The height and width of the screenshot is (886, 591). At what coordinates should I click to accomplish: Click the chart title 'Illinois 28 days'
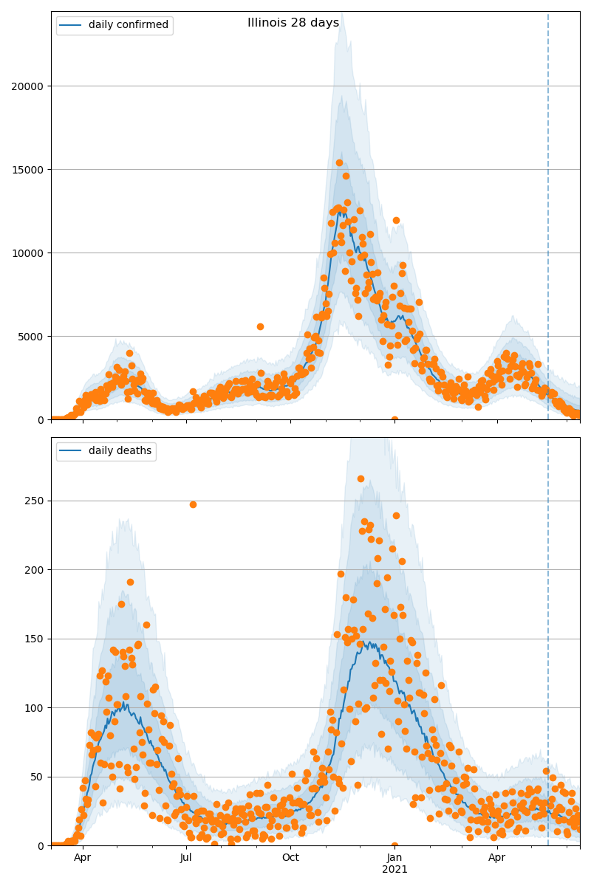coord(293,23)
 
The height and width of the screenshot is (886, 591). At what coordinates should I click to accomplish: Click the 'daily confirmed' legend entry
coord(128,25)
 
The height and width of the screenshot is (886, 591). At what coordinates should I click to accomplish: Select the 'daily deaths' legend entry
coord(120,451)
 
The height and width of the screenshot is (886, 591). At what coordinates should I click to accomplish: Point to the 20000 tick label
coord(27,86)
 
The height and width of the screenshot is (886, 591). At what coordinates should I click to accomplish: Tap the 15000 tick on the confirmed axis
coord(27,170)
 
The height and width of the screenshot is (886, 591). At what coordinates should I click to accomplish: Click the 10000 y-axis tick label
coord(27,253)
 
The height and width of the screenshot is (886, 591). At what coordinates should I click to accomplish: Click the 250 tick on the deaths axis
coord(35,501)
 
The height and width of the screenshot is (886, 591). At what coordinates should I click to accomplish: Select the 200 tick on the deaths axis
coord(35,570)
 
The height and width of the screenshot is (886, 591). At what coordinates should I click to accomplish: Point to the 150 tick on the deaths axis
coord(35,639)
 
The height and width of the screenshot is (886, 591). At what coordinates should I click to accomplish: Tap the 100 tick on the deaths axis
coord(35,708)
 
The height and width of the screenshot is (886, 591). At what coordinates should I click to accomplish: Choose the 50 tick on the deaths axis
coord(38,777)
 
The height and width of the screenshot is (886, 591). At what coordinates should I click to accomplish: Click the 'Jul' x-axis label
coord(185,858)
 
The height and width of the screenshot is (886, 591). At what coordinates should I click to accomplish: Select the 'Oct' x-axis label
coord(290,858)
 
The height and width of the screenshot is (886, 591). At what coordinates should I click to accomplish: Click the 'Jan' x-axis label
coord(394,858)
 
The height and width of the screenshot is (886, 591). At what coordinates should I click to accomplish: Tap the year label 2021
coord(394,870)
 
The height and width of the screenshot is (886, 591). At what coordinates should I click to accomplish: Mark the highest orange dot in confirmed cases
coord(339,163)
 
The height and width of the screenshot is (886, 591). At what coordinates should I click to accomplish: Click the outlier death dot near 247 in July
coord(193,504)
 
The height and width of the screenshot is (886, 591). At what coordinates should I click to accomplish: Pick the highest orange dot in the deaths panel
coord(361,478)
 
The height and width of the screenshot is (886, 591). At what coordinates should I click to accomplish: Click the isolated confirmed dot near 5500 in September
coord(260,326)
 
